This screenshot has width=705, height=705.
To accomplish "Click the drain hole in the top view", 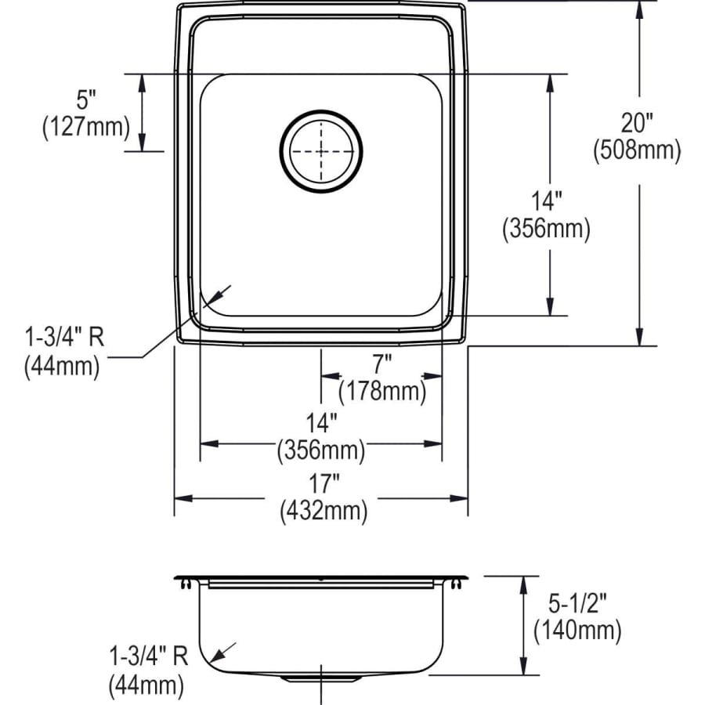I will [321, 150].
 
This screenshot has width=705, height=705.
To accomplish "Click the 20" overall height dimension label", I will [637, 123].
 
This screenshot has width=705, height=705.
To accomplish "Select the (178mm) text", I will [381, 390].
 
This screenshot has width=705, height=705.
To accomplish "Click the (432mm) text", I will [323, 512].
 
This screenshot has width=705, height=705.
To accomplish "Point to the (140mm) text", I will [577, 629].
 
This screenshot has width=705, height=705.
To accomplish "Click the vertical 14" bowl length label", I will [545, 201].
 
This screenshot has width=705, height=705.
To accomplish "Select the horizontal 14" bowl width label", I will [321, 423].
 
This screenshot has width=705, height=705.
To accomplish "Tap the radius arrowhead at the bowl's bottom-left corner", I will [224, 291].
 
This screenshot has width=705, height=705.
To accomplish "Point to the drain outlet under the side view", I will [321, 675].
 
